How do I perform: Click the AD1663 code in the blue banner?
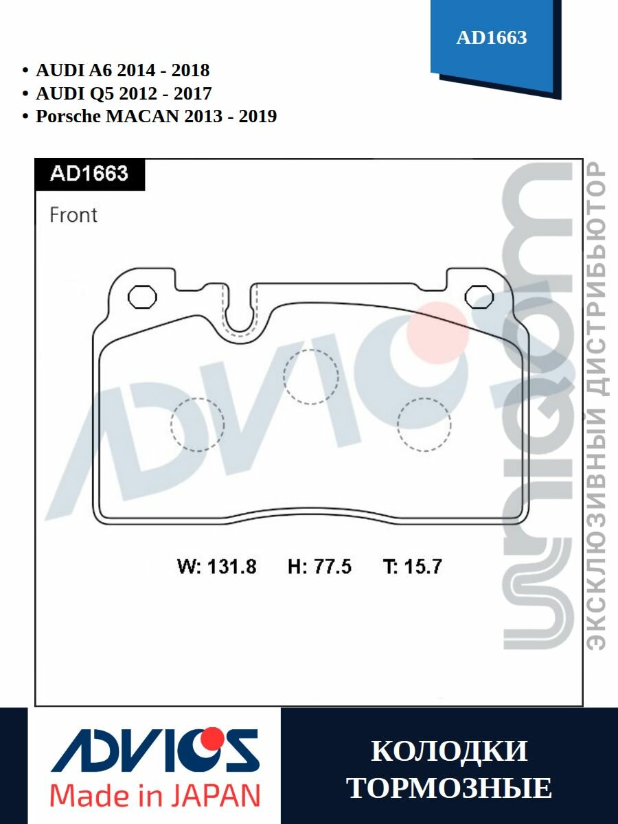tap(492, 38)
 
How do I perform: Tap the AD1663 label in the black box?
tap(89, 174)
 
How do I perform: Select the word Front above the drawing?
tap(73, 215)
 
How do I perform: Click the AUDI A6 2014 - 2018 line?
tap(123, 71)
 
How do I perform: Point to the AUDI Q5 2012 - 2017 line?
tap(124, 93)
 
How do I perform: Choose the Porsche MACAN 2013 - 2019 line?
tap(157, 116)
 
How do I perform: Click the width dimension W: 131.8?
tap(216, 566)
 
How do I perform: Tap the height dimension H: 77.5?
tap(319, 566)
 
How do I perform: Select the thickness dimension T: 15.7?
tap(413, 566)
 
